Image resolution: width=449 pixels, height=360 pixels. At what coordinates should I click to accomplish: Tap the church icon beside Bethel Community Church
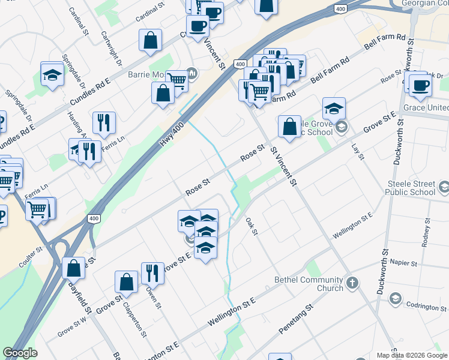352,282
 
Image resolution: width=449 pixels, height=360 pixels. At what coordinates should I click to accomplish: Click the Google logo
20,353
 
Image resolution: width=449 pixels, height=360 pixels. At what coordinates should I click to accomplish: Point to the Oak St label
252,226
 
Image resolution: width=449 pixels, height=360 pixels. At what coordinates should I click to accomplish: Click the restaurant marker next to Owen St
152,273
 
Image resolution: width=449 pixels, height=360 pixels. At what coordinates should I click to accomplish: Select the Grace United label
426,107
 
